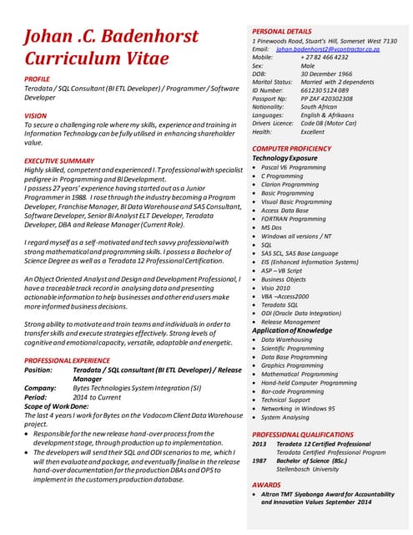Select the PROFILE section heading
pyautogui.click(x=42, y=78)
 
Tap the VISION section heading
pyautogui.click(x=36, y=115)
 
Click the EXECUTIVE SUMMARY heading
pyautogui.click(x=59, y=160)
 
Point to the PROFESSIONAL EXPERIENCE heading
pyautogui.click(x=67, y=359)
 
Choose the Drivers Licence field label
pyautogui.click(x=273, y=123)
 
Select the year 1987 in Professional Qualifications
pyautogui.click(x=259, y=460)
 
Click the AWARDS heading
pyautogui.click(x=266, y=485)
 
